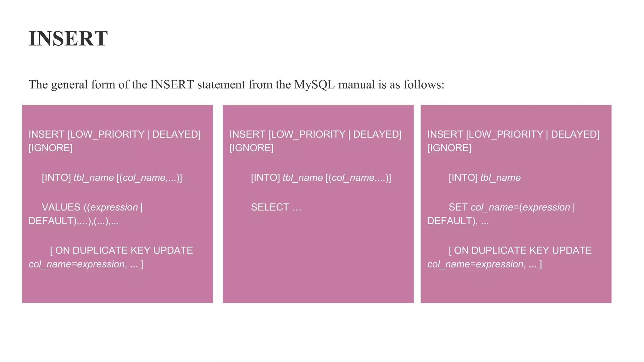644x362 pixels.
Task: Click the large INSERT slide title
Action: coord(68,39)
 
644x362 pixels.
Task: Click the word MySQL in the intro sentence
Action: coord(314,85)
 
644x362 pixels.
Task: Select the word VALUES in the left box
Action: coord(61,207)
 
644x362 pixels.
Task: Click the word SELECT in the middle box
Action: coord(270,207)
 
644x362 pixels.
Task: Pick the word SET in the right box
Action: coord(458,207)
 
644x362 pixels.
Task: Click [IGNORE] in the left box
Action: coord(51,148)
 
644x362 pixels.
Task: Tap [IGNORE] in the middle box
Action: coord(252,148)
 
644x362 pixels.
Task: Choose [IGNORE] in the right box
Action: coord(449,148)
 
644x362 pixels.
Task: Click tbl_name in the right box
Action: coord(500,178)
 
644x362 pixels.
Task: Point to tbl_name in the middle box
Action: coord(303,178)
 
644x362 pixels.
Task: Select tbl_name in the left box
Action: coord(94,178)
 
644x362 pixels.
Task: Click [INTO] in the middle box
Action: coord(265,178)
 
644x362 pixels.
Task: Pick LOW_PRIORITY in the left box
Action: coord(107,134)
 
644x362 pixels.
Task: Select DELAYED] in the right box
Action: coord(575,134)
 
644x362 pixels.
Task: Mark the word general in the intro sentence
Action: coord(69,85)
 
